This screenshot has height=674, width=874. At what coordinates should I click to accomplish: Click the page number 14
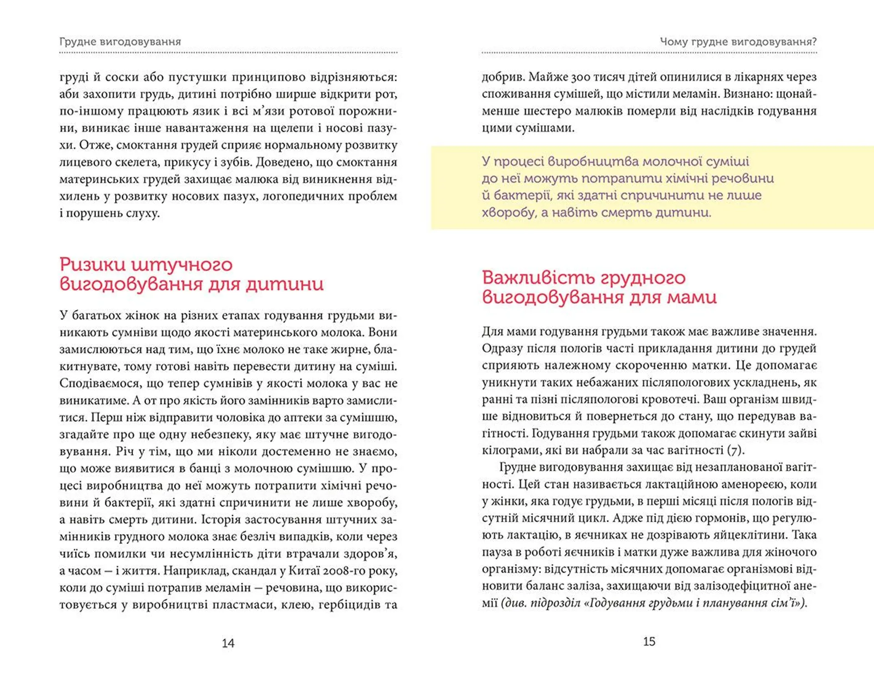click(x=228, y=643)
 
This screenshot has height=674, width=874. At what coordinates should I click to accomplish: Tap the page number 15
click(x=649, y=641)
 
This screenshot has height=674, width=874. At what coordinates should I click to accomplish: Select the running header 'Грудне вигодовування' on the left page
click(x=120, y=42)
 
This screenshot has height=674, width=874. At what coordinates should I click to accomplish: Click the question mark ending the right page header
click(x=814, y=42)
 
